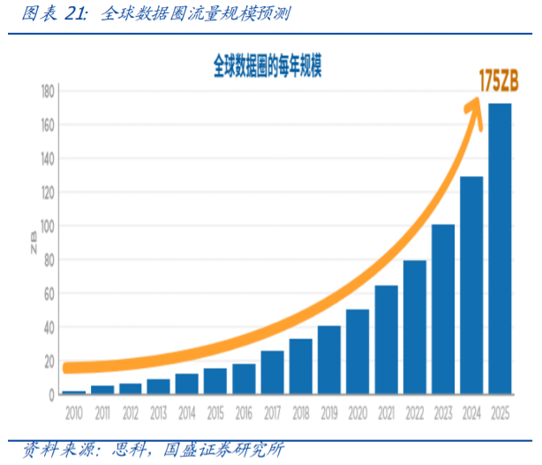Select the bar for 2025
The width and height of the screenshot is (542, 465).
(x=501, y=248)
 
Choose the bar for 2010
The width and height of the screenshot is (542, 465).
(x=73, y=392)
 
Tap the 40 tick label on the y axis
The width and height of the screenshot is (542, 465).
(x=49, y=327)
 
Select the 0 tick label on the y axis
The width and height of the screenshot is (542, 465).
(x=52, y=394)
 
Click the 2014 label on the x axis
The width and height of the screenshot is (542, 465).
(x=187, y=412)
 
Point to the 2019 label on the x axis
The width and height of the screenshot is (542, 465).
(x=329, y=412)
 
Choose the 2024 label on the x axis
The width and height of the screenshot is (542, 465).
(x=471, y=412)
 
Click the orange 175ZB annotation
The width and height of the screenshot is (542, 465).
(x=498, y=81)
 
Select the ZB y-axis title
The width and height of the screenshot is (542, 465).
(x=33, y=243)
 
